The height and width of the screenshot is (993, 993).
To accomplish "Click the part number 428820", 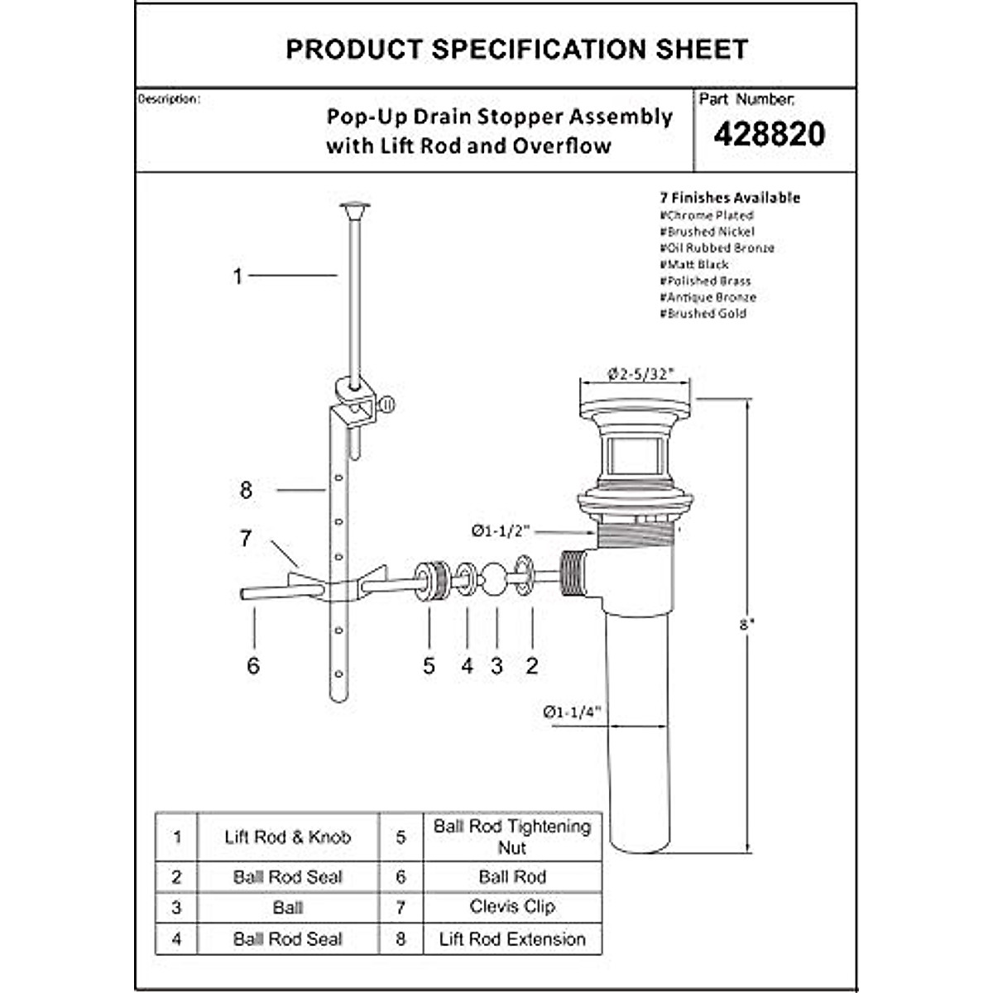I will [769, 134].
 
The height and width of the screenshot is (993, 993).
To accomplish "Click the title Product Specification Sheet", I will [516, 50].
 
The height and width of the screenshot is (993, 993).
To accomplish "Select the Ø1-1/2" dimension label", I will [501, 531].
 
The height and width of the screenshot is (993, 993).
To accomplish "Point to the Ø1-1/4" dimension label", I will [571, 711].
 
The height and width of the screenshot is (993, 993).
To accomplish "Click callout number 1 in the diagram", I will [237, 276].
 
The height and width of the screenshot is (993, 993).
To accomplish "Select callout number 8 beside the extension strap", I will [246, 490].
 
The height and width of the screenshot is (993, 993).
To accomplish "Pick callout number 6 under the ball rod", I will [253, 665].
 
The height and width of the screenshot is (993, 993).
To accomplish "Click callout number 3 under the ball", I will [496, 665].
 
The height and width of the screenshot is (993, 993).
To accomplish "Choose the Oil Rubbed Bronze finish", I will [717, 248].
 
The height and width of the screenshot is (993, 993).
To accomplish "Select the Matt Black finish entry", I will [694, 265].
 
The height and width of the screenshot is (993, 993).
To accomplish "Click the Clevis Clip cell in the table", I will [512, 907].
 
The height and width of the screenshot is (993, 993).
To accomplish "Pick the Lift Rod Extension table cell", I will [512, 939].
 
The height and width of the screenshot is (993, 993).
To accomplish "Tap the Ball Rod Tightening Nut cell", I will [512, 837].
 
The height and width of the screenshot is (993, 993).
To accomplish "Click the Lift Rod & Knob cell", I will [288, 837].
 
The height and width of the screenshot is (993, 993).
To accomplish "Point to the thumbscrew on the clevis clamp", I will [387, 405].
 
